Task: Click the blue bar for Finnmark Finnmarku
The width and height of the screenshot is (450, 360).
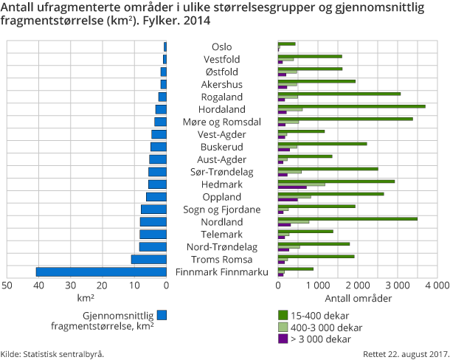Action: (x=101, y=272)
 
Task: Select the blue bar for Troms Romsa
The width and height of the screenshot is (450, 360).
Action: (x=148, y=260)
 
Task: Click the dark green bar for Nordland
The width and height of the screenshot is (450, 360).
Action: (x=347, y=218)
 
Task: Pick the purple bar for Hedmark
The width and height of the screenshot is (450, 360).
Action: (x=292, y=187)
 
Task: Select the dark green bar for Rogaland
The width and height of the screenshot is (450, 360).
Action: (x=339, y=94)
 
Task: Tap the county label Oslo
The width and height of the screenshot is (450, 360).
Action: (x=221, y=46)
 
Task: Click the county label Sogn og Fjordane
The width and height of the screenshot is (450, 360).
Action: (x=221, y=210)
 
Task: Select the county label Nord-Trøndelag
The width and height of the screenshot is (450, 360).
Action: (x=221, y=247)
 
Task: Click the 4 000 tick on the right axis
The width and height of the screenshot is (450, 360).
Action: (x=437, y=285)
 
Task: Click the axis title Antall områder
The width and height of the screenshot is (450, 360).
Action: (x=358, y=299)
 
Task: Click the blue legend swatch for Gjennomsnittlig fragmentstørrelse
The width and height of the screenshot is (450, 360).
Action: (x=162, y=315)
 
